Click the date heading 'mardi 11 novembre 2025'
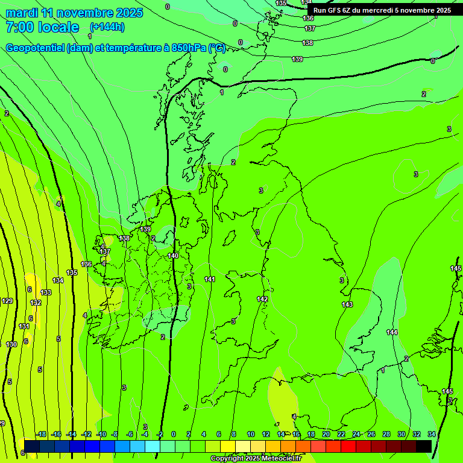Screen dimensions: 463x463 tap(74, 13)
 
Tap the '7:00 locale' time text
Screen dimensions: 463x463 tap(42, 27)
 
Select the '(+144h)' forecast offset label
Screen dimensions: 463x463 tap(108, 27)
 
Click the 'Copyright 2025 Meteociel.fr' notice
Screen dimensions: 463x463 tap(256, 459)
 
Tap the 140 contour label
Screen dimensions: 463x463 tap(173, 256)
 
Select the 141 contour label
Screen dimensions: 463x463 tap(210, 279)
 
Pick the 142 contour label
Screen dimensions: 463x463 tap(262, 299)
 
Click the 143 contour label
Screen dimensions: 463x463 tap(347, 304)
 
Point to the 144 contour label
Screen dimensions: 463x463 tap(392, 332)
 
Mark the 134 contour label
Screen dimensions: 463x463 tap(58, 280)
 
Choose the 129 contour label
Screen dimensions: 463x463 tap(7, 301)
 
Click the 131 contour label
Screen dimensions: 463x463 tap(24, 326)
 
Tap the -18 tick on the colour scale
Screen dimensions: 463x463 tap(41, 435)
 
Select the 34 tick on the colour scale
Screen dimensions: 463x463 tap(432, 435)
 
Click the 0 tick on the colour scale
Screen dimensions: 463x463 tap(174, 435)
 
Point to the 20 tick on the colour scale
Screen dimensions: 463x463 tap(326, 435)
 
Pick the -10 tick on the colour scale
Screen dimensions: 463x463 tap(101, 435)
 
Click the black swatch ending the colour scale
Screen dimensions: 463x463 tap(424, 446)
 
